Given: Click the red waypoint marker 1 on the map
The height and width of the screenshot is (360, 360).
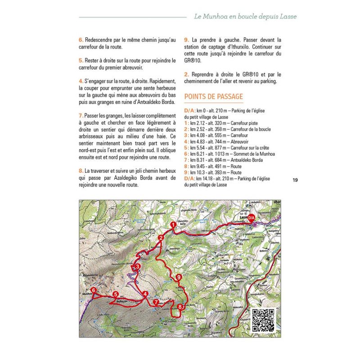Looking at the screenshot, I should [173, 225].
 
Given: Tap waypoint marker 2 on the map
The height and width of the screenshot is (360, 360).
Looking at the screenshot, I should [161, 238].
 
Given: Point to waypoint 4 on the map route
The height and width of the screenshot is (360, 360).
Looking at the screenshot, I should [145, 294].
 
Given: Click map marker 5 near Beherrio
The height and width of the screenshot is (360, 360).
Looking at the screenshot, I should [116, 295].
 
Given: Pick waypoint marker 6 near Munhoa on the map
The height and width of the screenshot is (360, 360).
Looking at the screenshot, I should [93, 290].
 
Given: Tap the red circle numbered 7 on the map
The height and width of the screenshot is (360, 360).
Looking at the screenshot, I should [156, 302].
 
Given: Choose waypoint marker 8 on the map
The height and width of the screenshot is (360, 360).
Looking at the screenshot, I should [180, 307].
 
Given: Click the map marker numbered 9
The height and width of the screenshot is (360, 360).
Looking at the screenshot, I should [179, 277].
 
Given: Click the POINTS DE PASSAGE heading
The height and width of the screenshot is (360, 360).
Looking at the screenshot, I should [214, 97].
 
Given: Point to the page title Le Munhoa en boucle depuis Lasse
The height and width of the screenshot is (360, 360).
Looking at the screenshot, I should [245, 17].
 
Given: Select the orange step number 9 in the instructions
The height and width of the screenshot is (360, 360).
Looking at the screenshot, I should [186, 39].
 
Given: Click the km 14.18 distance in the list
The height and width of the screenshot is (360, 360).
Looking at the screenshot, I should [204, 179].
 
